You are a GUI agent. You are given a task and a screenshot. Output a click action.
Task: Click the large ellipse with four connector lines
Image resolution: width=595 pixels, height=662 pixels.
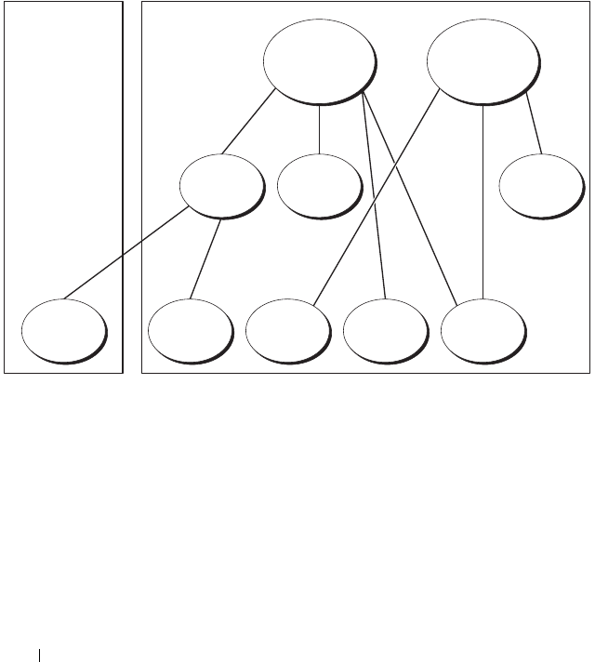pyautogui.click(x=319, y=60)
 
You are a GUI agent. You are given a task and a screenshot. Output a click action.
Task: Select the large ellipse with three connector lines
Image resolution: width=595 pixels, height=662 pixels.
pyautogui.click(x=482, y=60)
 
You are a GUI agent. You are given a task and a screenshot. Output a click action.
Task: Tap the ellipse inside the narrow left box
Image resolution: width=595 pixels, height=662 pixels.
pyautogui.click(x=63, y=330)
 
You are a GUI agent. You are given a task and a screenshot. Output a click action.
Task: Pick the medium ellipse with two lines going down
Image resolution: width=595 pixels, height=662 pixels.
pyautogui.click(x=219, y=185)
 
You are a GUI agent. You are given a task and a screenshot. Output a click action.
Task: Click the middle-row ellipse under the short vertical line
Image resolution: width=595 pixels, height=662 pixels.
pyautogui.click(x=318, y=184)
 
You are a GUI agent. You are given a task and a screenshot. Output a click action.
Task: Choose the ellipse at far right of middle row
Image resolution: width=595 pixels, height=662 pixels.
pyautogui.click(x=540, y=185)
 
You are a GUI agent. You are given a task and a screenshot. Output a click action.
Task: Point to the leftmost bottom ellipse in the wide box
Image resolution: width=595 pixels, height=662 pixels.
pyautogui.click(x=190, y=330)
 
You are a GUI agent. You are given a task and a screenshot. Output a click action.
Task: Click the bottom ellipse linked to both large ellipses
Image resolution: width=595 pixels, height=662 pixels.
pyautogui.click(x=482, y=330)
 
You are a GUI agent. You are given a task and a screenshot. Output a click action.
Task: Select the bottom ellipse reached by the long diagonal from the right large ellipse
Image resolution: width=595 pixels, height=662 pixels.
pyautogui.click(x=287, y=330)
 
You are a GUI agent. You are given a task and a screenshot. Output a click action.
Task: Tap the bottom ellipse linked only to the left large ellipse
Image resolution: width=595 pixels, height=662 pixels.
pyautogui.click(x=384, y=330)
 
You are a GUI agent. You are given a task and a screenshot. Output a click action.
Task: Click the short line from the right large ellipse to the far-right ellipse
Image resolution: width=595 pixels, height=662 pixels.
pyautogui.click(x=534, y=126)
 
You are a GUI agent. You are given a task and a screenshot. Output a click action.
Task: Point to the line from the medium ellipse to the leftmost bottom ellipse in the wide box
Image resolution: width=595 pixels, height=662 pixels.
pyautogui.click(x=205, y=258)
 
